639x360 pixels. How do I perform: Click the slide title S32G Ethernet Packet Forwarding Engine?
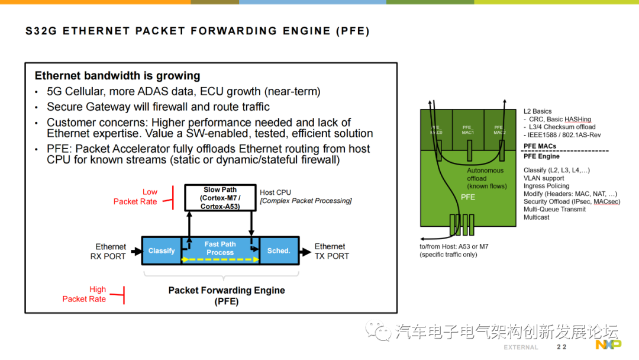[x=198, y=31]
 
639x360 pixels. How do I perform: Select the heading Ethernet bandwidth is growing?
[x=117, y=76]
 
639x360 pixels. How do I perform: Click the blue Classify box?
[x=162, y=251]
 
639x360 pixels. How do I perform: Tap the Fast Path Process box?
[x=220, y=249]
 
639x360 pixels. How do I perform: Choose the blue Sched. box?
[x=279, y=251]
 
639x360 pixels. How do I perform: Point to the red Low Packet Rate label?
[x=135, y=197]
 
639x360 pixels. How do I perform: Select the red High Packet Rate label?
[x=84, y=294]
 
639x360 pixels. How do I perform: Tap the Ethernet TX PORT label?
[x=331, y=251]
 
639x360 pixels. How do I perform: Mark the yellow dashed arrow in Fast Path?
[x=220, y=259]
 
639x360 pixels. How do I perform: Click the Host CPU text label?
[x=276, y=192]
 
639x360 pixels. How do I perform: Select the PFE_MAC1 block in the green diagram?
[x=467, y=130]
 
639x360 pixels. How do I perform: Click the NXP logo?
[x=608, y=345]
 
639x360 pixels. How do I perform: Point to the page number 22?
[x=561, y=347]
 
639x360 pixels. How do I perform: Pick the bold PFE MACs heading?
[x=540, y=146]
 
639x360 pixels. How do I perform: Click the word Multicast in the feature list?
[x=536, y=217]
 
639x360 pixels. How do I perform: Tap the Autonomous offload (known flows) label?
[x=485, y=178]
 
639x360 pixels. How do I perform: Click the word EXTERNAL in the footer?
[x=521, y=348]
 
